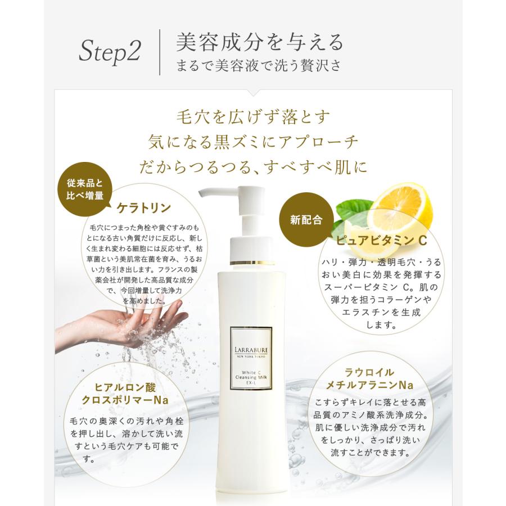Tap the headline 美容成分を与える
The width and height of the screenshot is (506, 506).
coord(259,42)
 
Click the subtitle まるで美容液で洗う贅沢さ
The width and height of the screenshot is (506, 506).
coord(258,65)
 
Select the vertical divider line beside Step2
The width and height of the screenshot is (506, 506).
coord(160,53)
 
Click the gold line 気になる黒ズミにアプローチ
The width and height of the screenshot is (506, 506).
coord(252,142)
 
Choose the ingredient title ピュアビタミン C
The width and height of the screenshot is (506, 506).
coord(382,240)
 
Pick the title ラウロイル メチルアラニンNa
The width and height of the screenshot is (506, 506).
coord(371,378)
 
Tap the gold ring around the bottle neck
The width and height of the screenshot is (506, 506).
coord(252,262)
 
